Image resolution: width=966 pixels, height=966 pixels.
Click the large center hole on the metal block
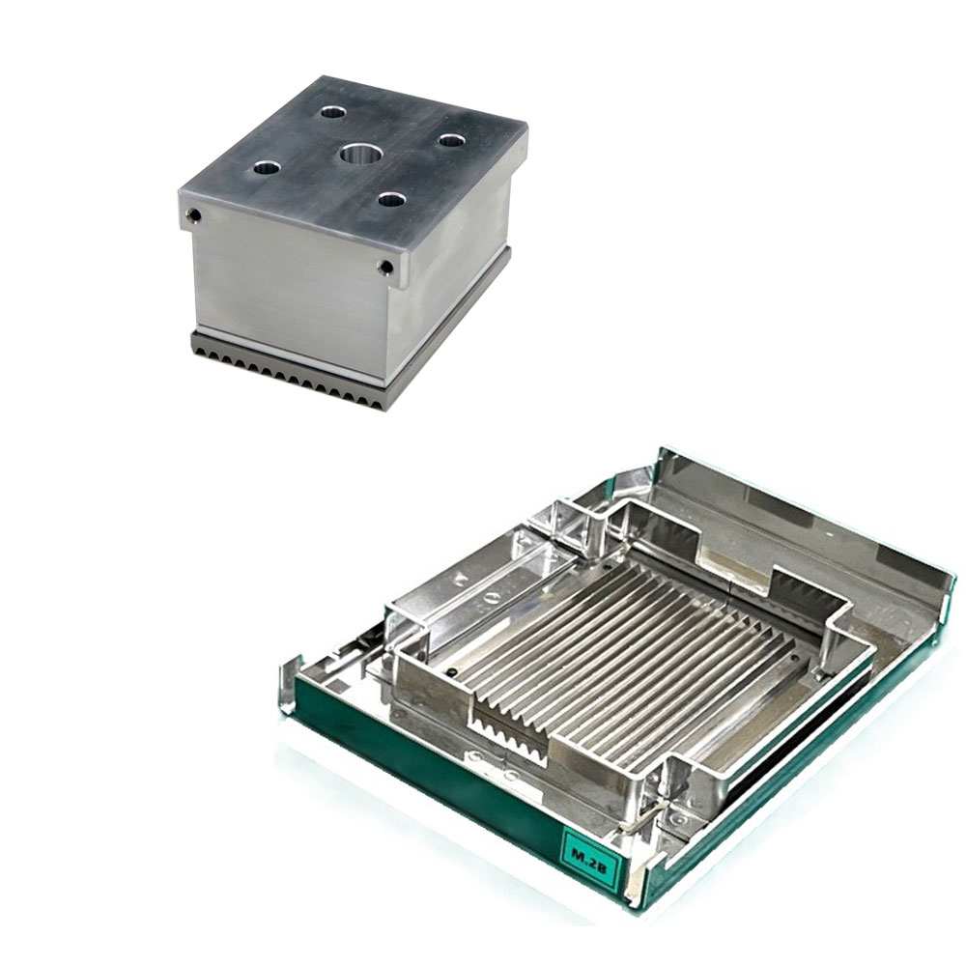[x=359, y=154]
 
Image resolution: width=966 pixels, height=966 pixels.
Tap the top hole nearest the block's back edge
[x=332, y=112]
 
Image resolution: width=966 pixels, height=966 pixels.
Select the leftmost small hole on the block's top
[x=267, y=167]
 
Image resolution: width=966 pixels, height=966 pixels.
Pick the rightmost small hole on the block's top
[x=451, y=140]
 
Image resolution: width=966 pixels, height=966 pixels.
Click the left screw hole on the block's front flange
[x=195, y=215]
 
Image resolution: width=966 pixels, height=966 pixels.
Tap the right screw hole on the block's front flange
[x=385, y=267]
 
